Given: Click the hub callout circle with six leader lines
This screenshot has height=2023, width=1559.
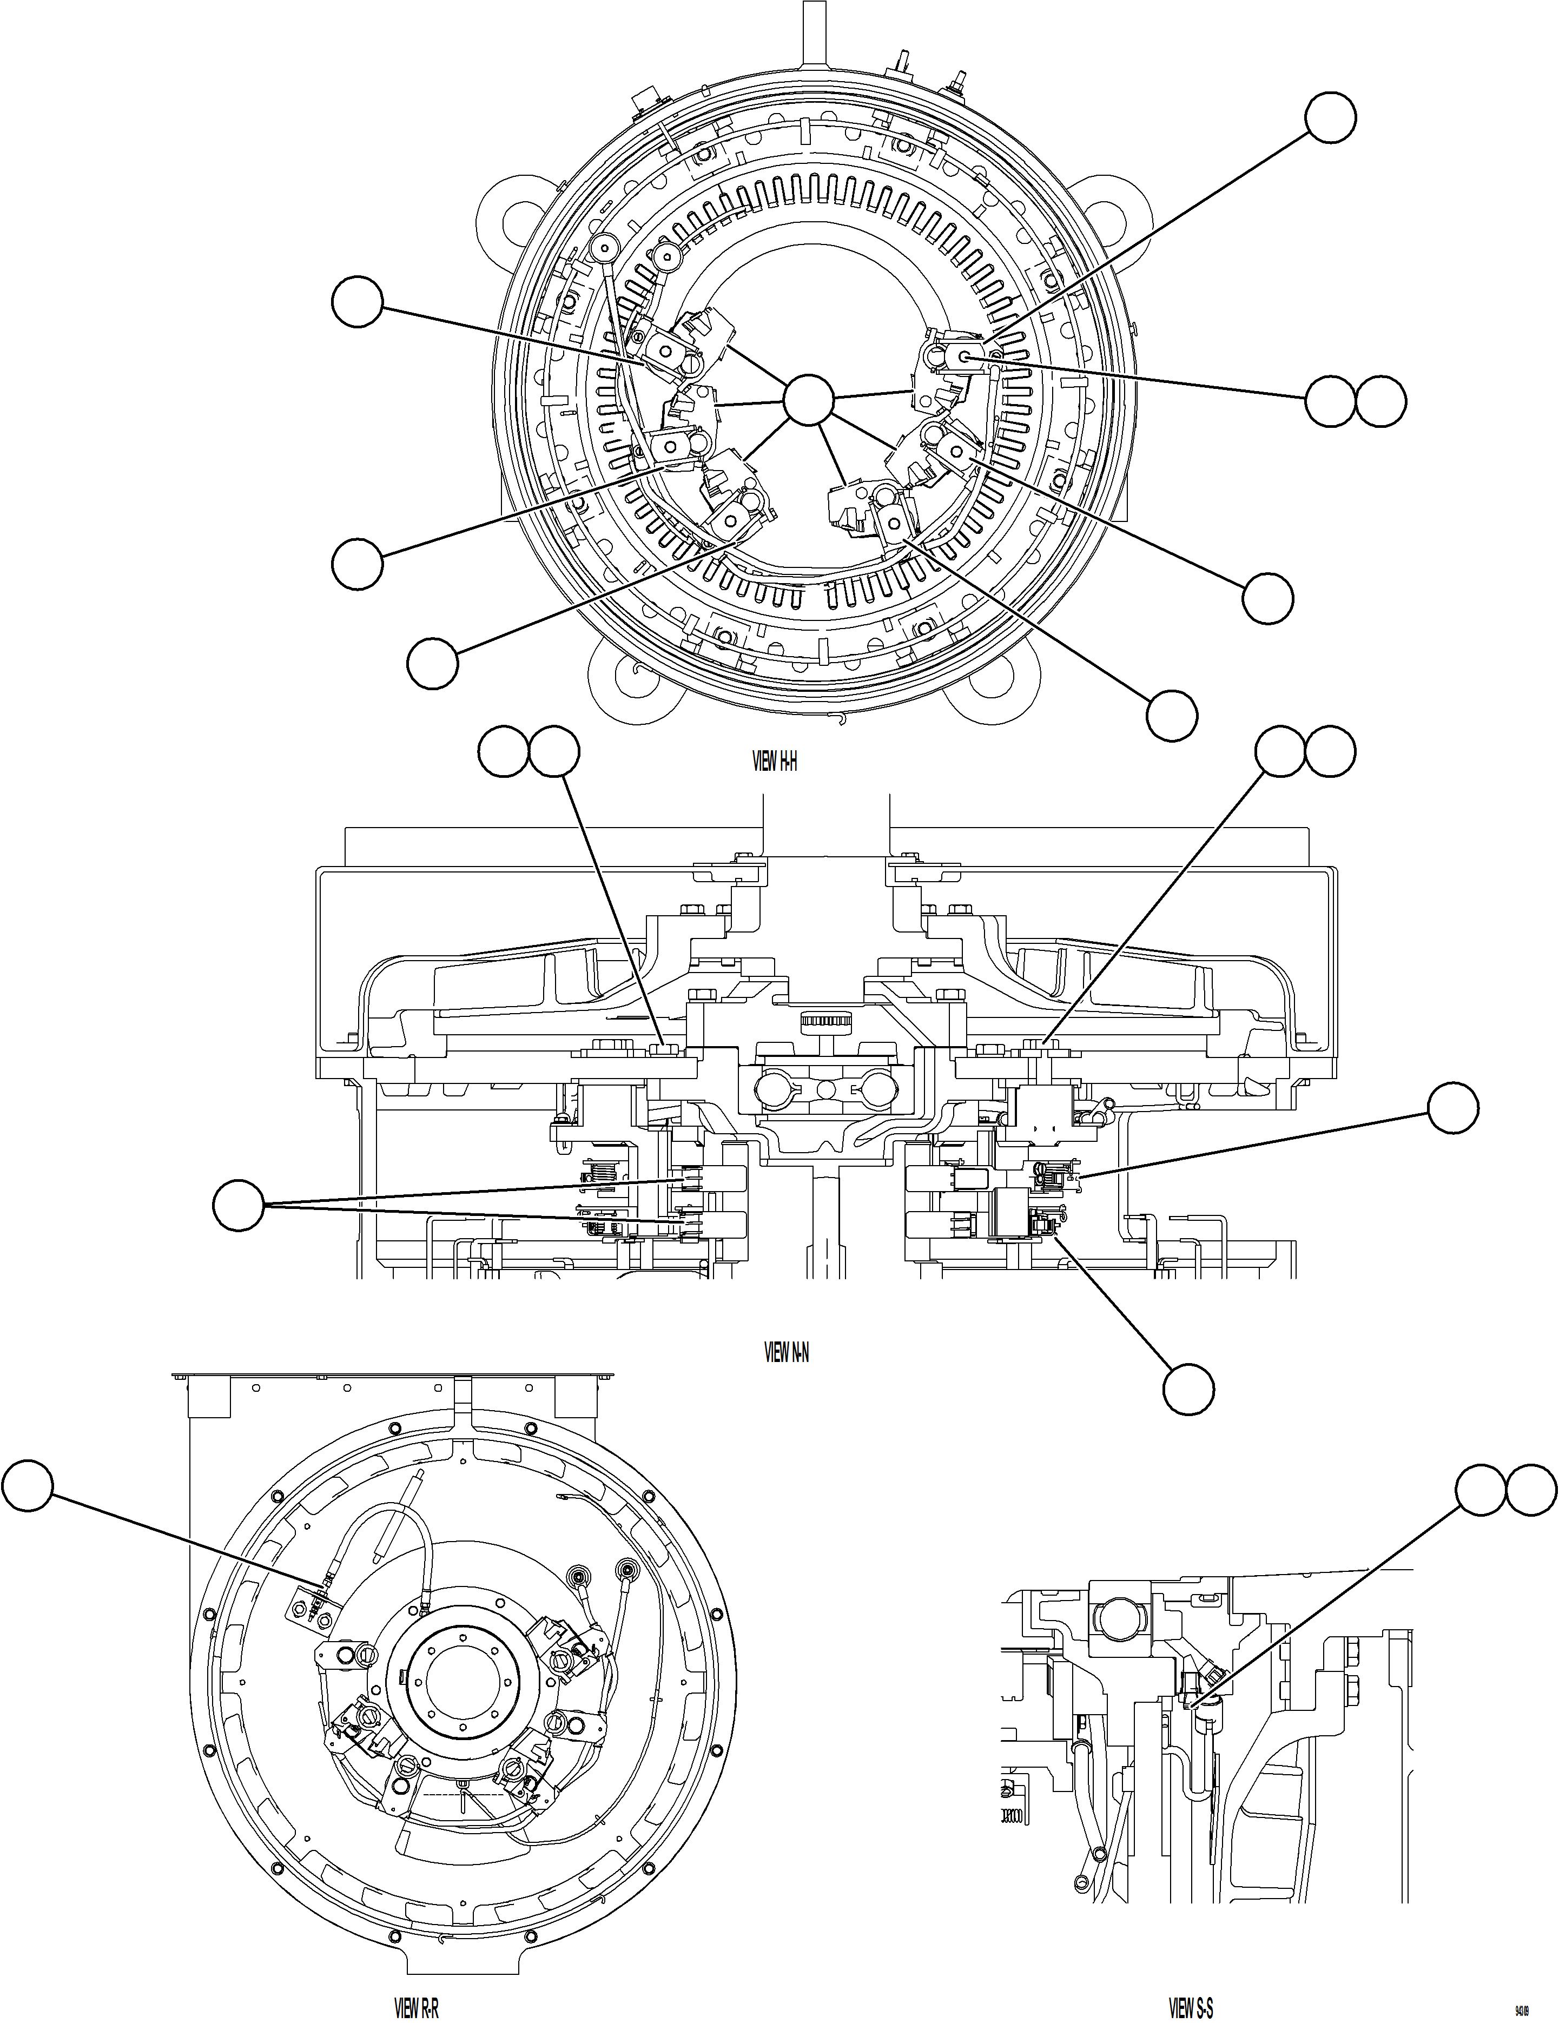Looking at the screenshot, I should pos(808,401).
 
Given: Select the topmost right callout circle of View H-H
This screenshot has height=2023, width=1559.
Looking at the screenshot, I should pos(1330,117).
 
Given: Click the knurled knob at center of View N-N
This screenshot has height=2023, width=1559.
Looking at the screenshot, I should pos(823,1023).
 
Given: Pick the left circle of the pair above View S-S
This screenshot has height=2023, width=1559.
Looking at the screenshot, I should pos(1480,1490).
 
